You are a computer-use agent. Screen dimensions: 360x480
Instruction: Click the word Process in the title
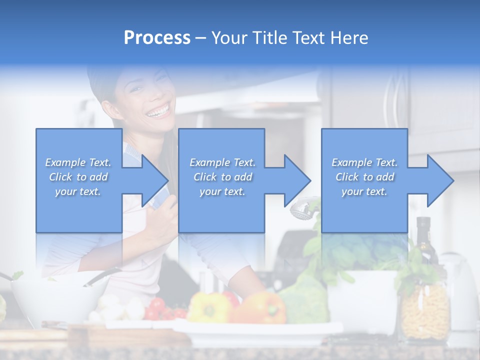click(157, 37)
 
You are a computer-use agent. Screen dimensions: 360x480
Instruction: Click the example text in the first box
click(78, 177)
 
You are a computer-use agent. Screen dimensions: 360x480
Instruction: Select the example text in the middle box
click(222, 177)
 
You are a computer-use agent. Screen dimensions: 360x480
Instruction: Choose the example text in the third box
click(364, 177)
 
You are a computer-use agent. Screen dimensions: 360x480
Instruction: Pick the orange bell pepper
click(262, 308)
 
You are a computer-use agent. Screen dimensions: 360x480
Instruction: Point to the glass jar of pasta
click(425, 310)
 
